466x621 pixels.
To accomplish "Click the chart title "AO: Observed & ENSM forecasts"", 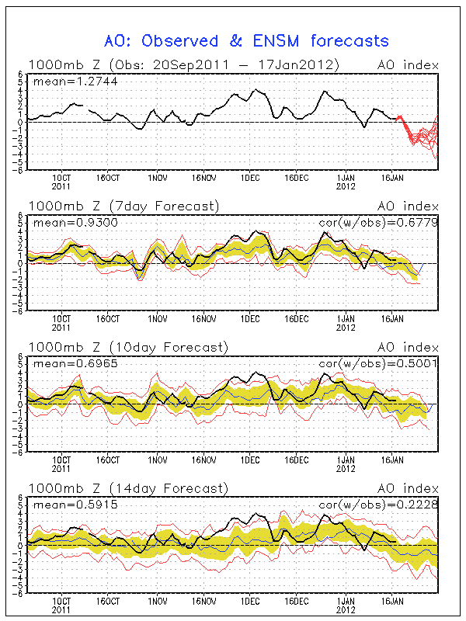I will (247, 40).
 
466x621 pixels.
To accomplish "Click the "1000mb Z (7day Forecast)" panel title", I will (123, 206).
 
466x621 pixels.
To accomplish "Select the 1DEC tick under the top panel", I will (250, 178).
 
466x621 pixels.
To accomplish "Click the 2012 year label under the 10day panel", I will (346, 469).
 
